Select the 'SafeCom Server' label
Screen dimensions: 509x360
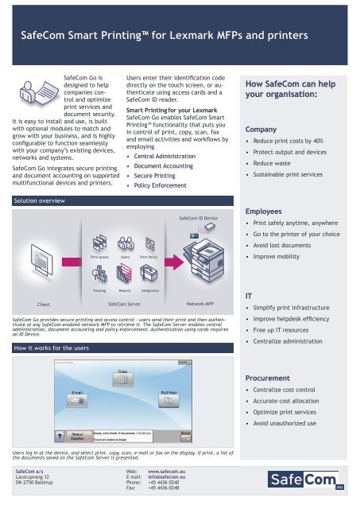(124, 303)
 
